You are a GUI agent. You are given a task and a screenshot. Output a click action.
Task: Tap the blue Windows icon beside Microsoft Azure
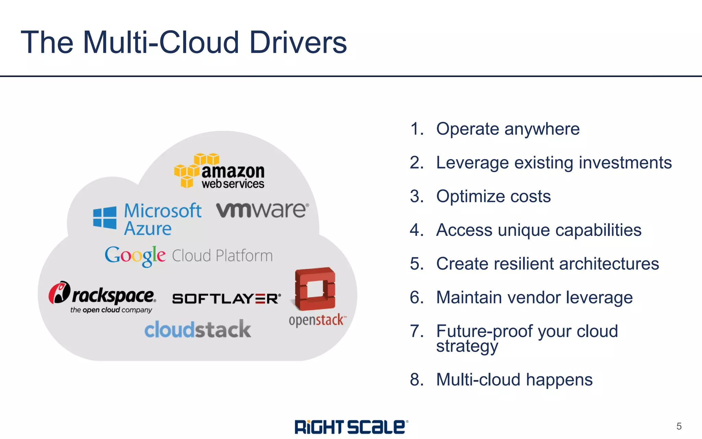[x=105, y=217]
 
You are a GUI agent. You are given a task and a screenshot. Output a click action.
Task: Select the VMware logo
[x=262, y=210]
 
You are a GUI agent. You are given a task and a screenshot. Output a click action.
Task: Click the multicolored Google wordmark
[x=135, y=256]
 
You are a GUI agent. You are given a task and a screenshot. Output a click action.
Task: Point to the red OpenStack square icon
[x=315, y=288]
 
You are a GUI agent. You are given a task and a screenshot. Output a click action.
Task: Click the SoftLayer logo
[x=226, y=299]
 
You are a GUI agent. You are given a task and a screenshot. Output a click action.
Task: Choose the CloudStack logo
[x=198, y=330]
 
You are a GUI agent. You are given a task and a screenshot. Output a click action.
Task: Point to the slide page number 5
[x=679, y=426]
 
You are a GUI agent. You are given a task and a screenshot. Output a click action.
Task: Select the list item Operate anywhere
[x=508, y=129]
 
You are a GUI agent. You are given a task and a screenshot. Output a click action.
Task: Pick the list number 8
[x=416, y=380]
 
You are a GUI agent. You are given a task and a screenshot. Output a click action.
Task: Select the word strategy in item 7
[x=467, y=346]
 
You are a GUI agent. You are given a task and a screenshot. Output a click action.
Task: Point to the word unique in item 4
[x=524, y=230]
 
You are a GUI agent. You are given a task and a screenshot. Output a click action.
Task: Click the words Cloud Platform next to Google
[x=222, y=256]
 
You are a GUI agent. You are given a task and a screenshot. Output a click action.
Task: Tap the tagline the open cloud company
[x=111, y=310]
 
